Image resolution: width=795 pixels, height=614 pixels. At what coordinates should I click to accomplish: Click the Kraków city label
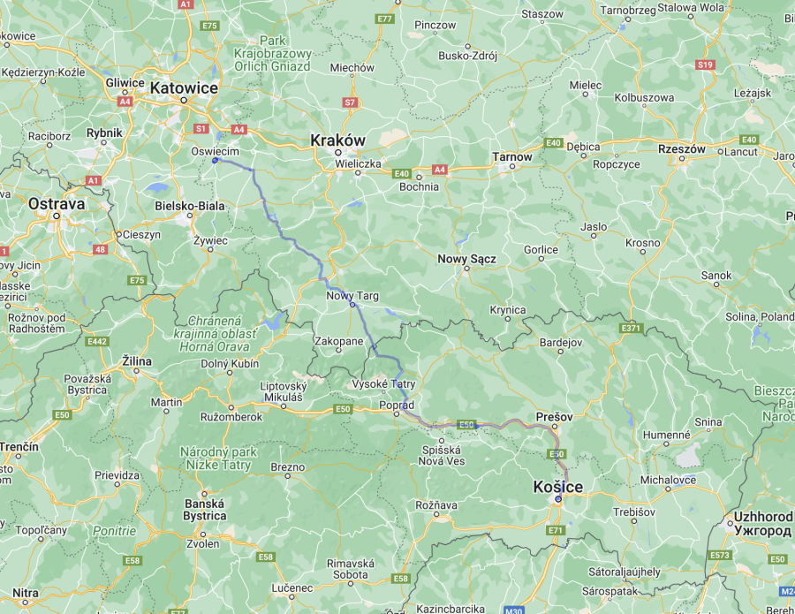point(337,140)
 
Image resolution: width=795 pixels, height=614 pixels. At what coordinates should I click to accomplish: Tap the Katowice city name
point(184,87)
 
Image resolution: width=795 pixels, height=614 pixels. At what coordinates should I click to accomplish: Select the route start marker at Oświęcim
point(215,160)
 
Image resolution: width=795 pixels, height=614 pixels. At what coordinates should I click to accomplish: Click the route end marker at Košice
point(557,499)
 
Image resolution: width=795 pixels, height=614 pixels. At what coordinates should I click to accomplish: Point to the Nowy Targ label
point(352,295)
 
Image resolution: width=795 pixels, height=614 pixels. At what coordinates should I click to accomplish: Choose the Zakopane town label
point(338,340)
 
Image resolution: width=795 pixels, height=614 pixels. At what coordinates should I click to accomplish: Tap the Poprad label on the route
point(397,405)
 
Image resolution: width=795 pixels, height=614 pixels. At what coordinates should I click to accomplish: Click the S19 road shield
point(705,64)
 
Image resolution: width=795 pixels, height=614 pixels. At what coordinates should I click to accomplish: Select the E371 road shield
point(631,328)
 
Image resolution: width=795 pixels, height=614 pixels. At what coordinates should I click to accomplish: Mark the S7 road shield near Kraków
point(350,102)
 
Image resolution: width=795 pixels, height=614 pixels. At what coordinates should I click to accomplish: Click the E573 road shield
point(720,555)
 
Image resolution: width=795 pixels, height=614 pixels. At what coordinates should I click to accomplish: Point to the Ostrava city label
point(57,203)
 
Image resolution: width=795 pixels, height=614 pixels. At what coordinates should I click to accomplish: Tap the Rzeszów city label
point(682,149)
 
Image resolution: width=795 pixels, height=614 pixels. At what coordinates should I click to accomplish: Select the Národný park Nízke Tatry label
point(218,458)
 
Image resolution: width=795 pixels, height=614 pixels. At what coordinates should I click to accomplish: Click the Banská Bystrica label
point(204,510)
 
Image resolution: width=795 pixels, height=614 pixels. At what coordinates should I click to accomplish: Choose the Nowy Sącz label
point(467,259)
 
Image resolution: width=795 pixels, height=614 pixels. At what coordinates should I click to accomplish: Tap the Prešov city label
point(555,415)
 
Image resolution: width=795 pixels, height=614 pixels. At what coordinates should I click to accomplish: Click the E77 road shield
point(384,19)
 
